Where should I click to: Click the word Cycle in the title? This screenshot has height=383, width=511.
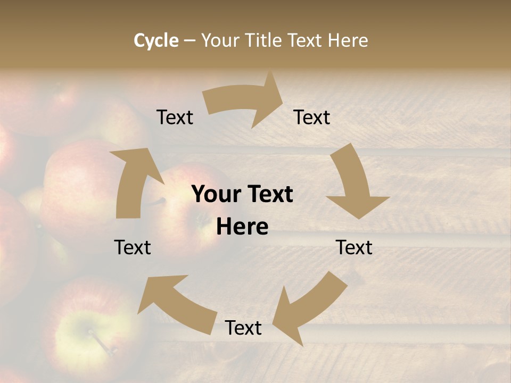tap(156, 40)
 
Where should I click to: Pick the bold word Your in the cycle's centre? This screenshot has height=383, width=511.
tap(215, 195)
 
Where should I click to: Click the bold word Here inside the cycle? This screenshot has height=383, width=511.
tap(242, 227)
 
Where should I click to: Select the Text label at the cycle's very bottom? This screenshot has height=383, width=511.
tap(243, 328)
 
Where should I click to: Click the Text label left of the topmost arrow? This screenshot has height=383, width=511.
tap(175, 117)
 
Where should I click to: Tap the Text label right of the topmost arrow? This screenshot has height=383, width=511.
tap(312, 117)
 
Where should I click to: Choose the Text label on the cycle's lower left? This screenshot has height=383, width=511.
tap(133, 247)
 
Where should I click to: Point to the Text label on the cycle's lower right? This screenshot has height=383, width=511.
tap(354, 247)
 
